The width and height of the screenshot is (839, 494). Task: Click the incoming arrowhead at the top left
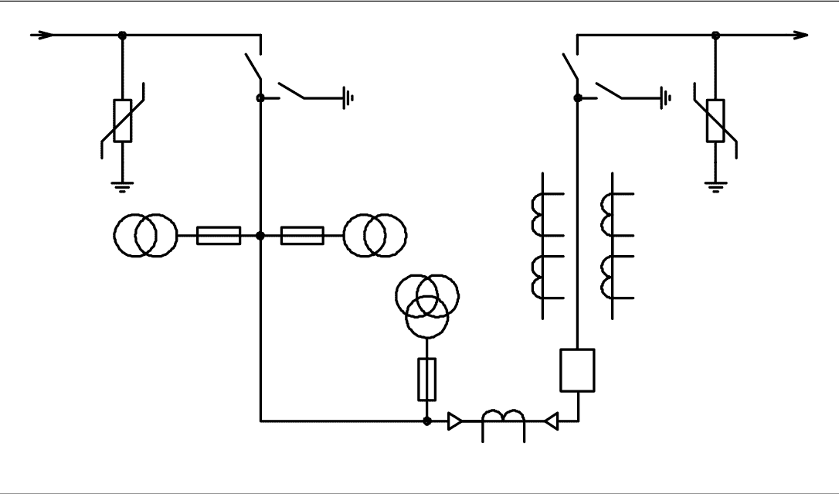(x=47, y=35)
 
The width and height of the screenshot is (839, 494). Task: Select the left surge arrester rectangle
(x=122, y=121)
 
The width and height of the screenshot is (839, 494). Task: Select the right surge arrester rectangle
(x=715, y=121)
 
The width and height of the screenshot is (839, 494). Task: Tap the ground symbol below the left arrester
(x=122, y=185)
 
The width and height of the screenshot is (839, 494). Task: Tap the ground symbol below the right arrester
(x=715, y=185)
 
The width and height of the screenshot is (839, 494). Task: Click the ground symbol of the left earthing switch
(x=349, y=98)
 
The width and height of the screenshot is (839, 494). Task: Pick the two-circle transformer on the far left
(x=145, y=235)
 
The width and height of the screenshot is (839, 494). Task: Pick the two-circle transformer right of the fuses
(x=375, y=235)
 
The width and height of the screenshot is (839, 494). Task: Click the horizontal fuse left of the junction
(x=219, y=235)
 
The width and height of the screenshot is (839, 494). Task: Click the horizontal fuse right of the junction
(x=302, y=235)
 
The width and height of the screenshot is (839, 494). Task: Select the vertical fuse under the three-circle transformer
(x=426, y=379)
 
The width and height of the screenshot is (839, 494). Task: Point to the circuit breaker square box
(x=577, y=370)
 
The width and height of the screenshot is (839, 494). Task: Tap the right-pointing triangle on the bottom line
(x=455, y=421)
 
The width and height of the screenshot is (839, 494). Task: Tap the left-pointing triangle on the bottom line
(x=551, y=421)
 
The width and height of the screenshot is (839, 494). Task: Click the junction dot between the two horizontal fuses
(x=260, y=235)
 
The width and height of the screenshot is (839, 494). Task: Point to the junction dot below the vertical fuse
(x=426, y=421)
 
